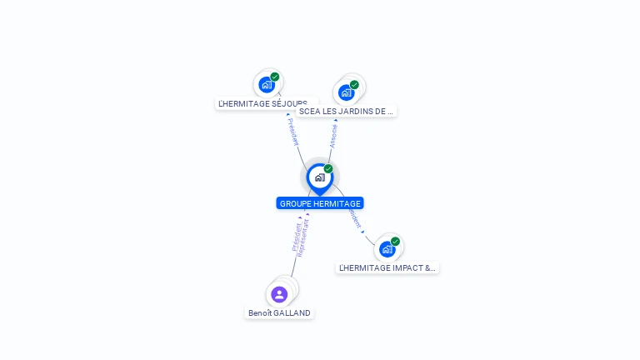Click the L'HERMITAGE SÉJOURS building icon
pos(267,84)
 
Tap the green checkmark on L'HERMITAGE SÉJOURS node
pos(275,77)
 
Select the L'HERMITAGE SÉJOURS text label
pos(262,104)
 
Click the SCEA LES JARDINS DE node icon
pos(346,92)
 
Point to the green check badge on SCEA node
pos(354,84)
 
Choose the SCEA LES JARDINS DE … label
pos(346,111)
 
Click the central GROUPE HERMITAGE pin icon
pos(319,177)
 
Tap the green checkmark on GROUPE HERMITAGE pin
pos(328,169)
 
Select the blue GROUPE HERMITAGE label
pos(320,203)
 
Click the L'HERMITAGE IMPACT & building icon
pos(387,249)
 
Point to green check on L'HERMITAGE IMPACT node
pos(395,242)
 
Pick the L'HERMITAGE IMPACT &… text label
pos(387,268)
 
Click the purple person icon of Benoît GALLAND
pos(279,294)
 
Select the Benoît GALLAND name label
pos(279,313)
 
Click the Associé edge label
pos(333,136)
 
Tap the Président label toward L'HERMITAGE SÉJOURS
pos(292,132)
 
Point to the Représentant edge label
pos(304,236)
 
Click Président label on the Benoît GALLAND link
pos(296,236)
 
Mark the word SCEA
pos(309,111)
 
